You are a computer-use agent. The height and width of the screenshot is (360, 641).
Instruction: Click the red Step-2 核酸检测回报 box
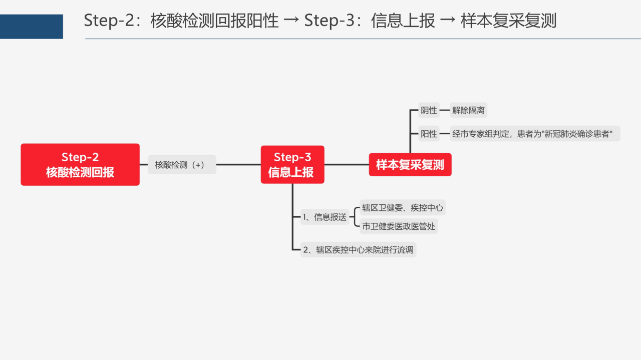(x=80, y=165)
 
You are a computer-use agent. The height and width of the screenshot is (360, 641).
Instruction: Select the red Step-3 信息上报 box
(x=292, y=165)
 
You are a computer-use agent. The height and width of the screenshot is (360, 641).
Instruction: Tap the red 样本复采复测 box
(x=410, y=165)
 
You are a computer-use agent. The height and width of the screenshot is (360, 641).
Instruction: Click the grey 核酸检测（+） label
(x=182, y=165)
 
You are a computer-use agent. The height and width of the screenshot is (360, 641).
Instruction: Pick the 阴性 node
(x=429, y=110)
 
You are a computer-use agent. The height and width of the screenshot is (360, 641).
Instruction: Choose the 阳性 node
(x=429, y=134)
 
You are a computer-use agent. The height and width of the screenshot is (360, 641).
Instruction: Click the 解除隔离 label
(x=468, y=110)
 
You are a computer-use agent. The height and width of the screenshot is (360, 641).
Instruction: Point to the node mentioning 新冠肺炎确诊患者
(x=535, y=134)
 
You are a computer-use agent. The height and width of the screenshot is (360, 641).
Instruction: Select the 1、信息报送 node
(x=325, y=217)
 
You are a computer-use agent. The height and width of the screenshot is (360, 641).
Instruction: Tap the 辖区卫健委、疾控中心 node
(x=402, y=207)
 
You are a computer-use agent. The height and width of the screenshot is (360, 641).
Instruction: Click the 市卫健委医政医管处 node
(x=399, y=226)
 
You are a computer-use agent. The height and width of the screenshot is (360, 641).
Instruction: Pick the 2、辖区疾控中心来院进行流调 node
(x=358, y=250)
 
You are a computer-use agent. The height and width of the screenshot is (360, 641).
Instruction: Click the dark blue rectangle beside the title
(x=32, y=27)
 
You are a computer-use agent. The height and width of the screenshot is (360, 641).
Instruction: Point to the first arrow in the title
(x=291, y=20)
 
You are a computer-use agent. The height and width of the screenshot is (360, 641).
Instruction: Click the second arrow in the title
(x=448, y=20)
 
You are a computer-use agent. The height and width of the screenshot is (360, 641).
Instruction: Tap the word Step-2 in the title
(x=109, y=21)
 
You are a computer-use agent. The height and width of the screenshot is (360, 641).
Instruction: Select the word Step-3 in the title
(x=330, y=21)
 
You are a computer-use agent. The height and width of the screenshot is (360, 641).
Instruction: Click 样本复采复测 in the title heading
(x=508, y=21)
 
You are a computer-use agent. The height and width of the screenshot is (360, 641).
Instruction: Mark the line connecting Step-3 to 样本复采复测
(x=347, y=165)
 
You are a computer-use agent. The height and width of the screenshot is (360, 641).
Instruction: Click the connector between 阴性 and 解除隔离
(x=445, y=110)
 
